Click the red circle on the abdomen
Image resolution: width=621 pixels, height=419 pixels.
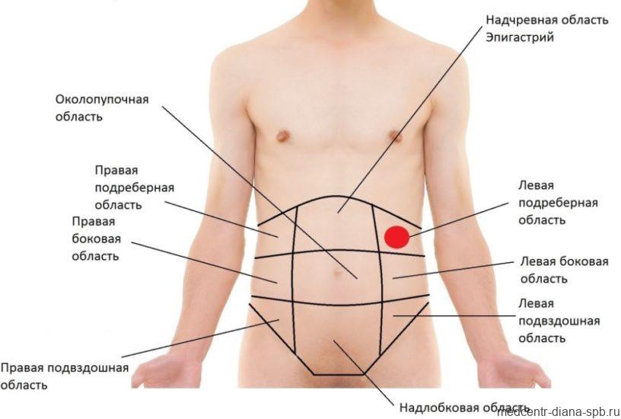coord(396,238)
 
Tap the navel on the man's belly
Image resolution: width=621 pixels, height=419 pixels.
coord(337,273)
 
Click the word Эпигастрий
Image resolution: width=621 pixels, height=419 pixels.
coord(520,37)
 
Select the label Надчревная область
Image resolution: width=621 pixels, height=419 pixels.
coord(547,20)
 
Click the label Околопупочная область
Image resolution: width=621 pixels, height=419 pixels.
coord(102,108)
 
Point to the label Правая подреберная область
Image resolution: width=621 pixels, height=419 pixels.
coord(134,187)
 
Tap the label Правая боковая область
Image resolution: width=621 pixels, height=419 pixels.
coord(95,238)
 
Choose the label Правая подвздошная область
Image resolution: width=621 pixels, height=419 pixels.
coord(65,376)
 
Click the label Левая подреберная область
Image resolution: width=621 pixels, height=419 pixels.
coord(558,203)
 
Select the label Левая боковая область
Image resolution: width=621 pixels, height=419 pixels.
coord(564,270)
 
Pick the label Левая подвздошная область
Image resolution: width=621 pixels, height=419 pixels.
coord(559,321)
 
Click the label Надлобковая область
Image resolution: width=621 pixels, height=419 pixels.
coord(464,408)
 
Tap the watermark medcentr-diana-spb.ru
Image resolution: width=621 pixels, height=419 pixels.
coord(559,412)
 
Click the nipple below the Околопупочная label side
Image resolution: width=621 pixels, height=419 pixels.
coord(283,136)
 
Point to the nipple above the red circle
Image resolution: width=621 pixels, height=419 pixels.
coord(395,136)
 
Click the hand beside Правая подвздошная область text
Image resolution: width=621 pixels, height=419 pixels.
coord(167,369)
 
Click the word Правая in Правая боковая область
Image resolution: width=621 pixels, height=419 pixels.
coord(94,221)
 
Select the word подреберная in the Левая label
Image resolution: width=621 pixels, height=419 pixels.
coord(558,203)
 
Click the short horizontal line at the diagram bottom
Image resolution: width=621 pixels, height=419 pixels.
coord(339,374)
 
